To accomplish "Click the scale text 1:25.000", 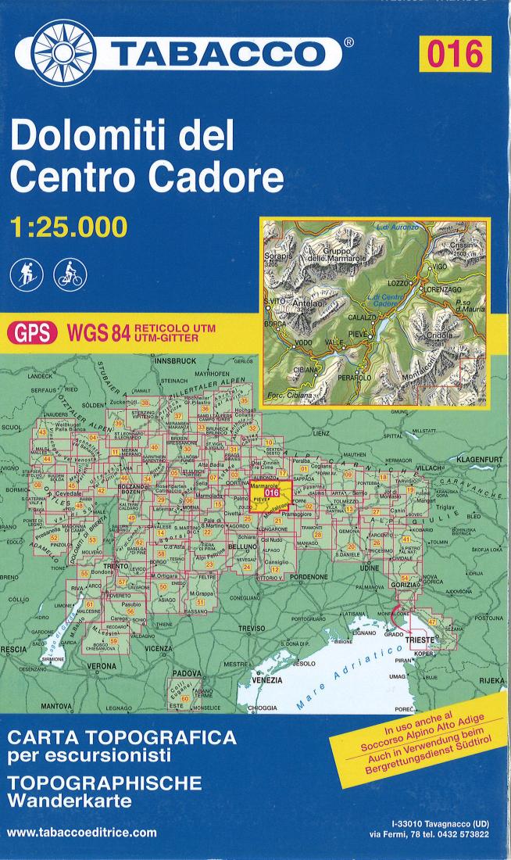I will tap(68, 226).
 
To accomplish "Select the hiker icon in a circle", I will tap(25, 274).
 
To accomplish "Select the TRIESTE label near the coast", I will tap(426, 639).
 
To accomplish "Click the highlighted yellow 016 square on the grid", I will tap(271, 493).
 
